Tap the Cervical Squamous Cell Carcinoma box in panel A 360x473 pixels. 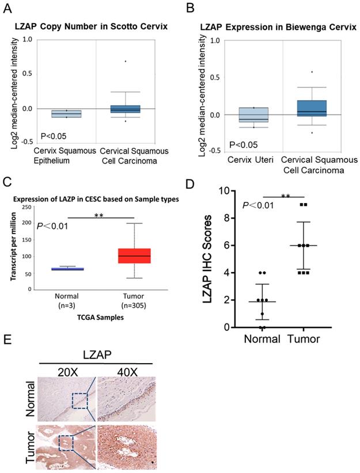[134, 109]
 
